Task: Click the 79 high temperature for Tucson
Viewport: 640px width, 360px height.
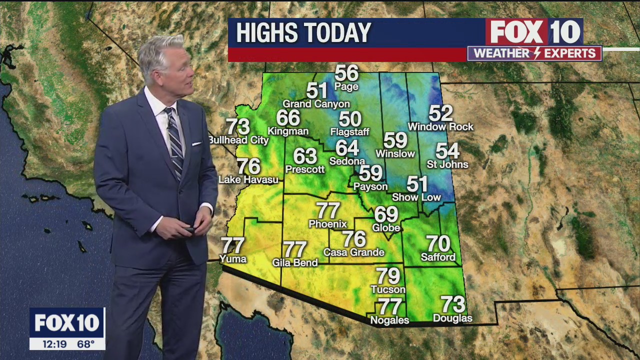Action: coord(388,276)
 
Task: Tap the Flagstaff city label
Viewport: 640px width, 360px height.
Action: coord(349,132)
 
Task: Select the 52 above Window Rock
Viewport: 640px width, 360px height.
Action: coord(440,113)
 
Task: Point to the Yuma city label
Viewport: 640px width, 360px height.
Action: coord(233,259)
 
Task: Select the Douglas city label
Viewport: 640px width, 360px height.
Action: coord(452,318)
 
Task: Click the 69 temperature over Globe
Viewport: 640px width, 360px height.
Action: coord(386,214)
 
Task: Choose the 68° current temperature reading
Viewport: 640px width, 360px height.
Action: coord(85,344)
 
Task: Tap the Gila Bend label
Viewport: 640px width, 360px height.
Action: coord(295,262)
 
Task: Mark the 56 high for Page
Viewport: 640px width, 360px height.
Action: coord(346,73)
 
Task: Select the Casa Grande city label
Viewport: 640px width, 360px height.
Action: coord(354,252)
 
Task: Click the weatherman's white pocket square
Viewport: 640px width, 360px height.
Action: coord(196,144)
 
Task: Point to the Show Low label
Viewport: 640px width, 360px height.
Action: coord(416,197)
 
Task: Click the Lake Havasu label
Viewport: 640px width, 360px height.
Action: coord(248,180)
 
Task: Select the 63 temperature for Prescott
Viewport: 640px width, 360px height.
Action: coord(305,156)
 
